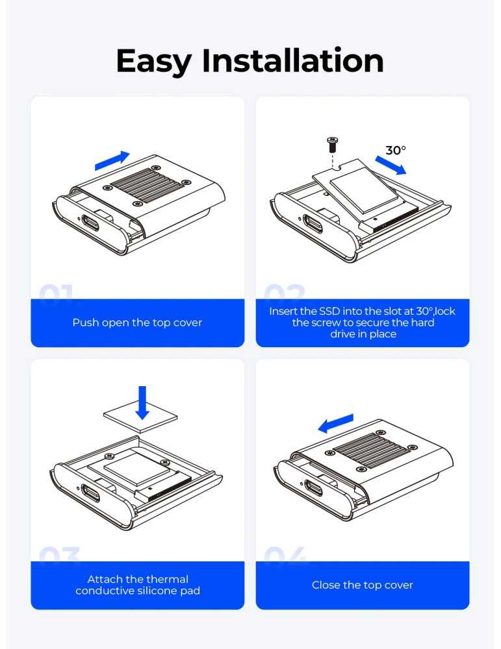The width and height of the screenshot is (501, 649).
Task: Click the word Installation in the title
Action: pyautogui.click(x=292, y=60)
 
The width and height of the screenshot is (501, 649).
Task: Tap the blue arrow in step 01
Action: pyautogui.click(x=112, y=160)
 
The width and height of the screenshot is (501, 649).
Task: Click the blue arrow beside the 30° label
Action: pyautogui.click(x=391, y=165)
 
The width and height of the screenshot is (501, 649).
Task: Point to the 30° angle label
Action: pyautogui.click(x=396, y=150)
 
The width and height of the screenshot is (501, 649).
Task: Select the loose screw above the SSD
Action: pyautogui.click(x=332, y=145)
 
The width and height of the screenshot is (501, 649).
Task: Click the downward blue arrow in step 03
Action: pyautogui.click(x=142, y=403)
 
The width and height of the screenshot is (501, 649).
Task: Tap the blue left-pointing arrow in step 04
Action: pyautogui.click(x=336, y=423)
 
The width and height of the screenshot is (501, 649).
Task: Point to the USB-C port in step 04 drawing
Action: pyautogui.click(x=314, y=489)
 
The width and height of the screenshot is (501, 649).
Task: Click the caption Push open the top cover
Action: pyautogui.click(x=137, y=323)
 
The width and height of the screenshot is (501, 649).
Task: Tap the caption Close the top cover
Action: pyautogui.click(x=363, y=585)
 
